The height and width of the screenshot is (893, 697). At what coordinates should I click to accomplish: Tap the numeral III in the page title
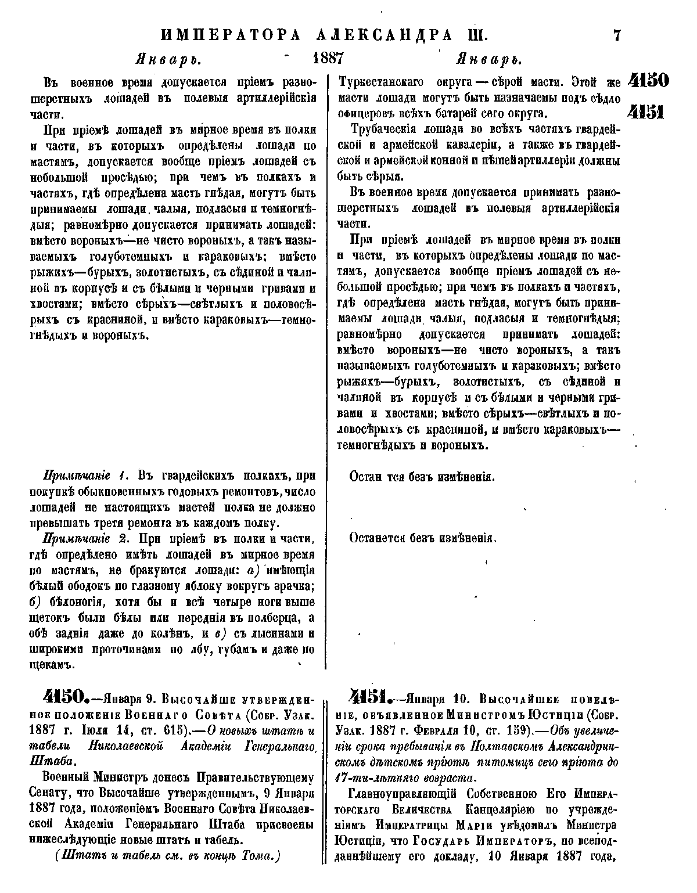(478, 35)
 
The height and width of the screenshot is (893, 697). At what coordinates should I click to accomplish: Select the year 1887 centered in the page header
(329, 60)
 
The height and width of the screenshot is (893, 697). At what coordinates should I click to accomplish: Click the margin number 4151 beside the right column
(649, 111)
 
